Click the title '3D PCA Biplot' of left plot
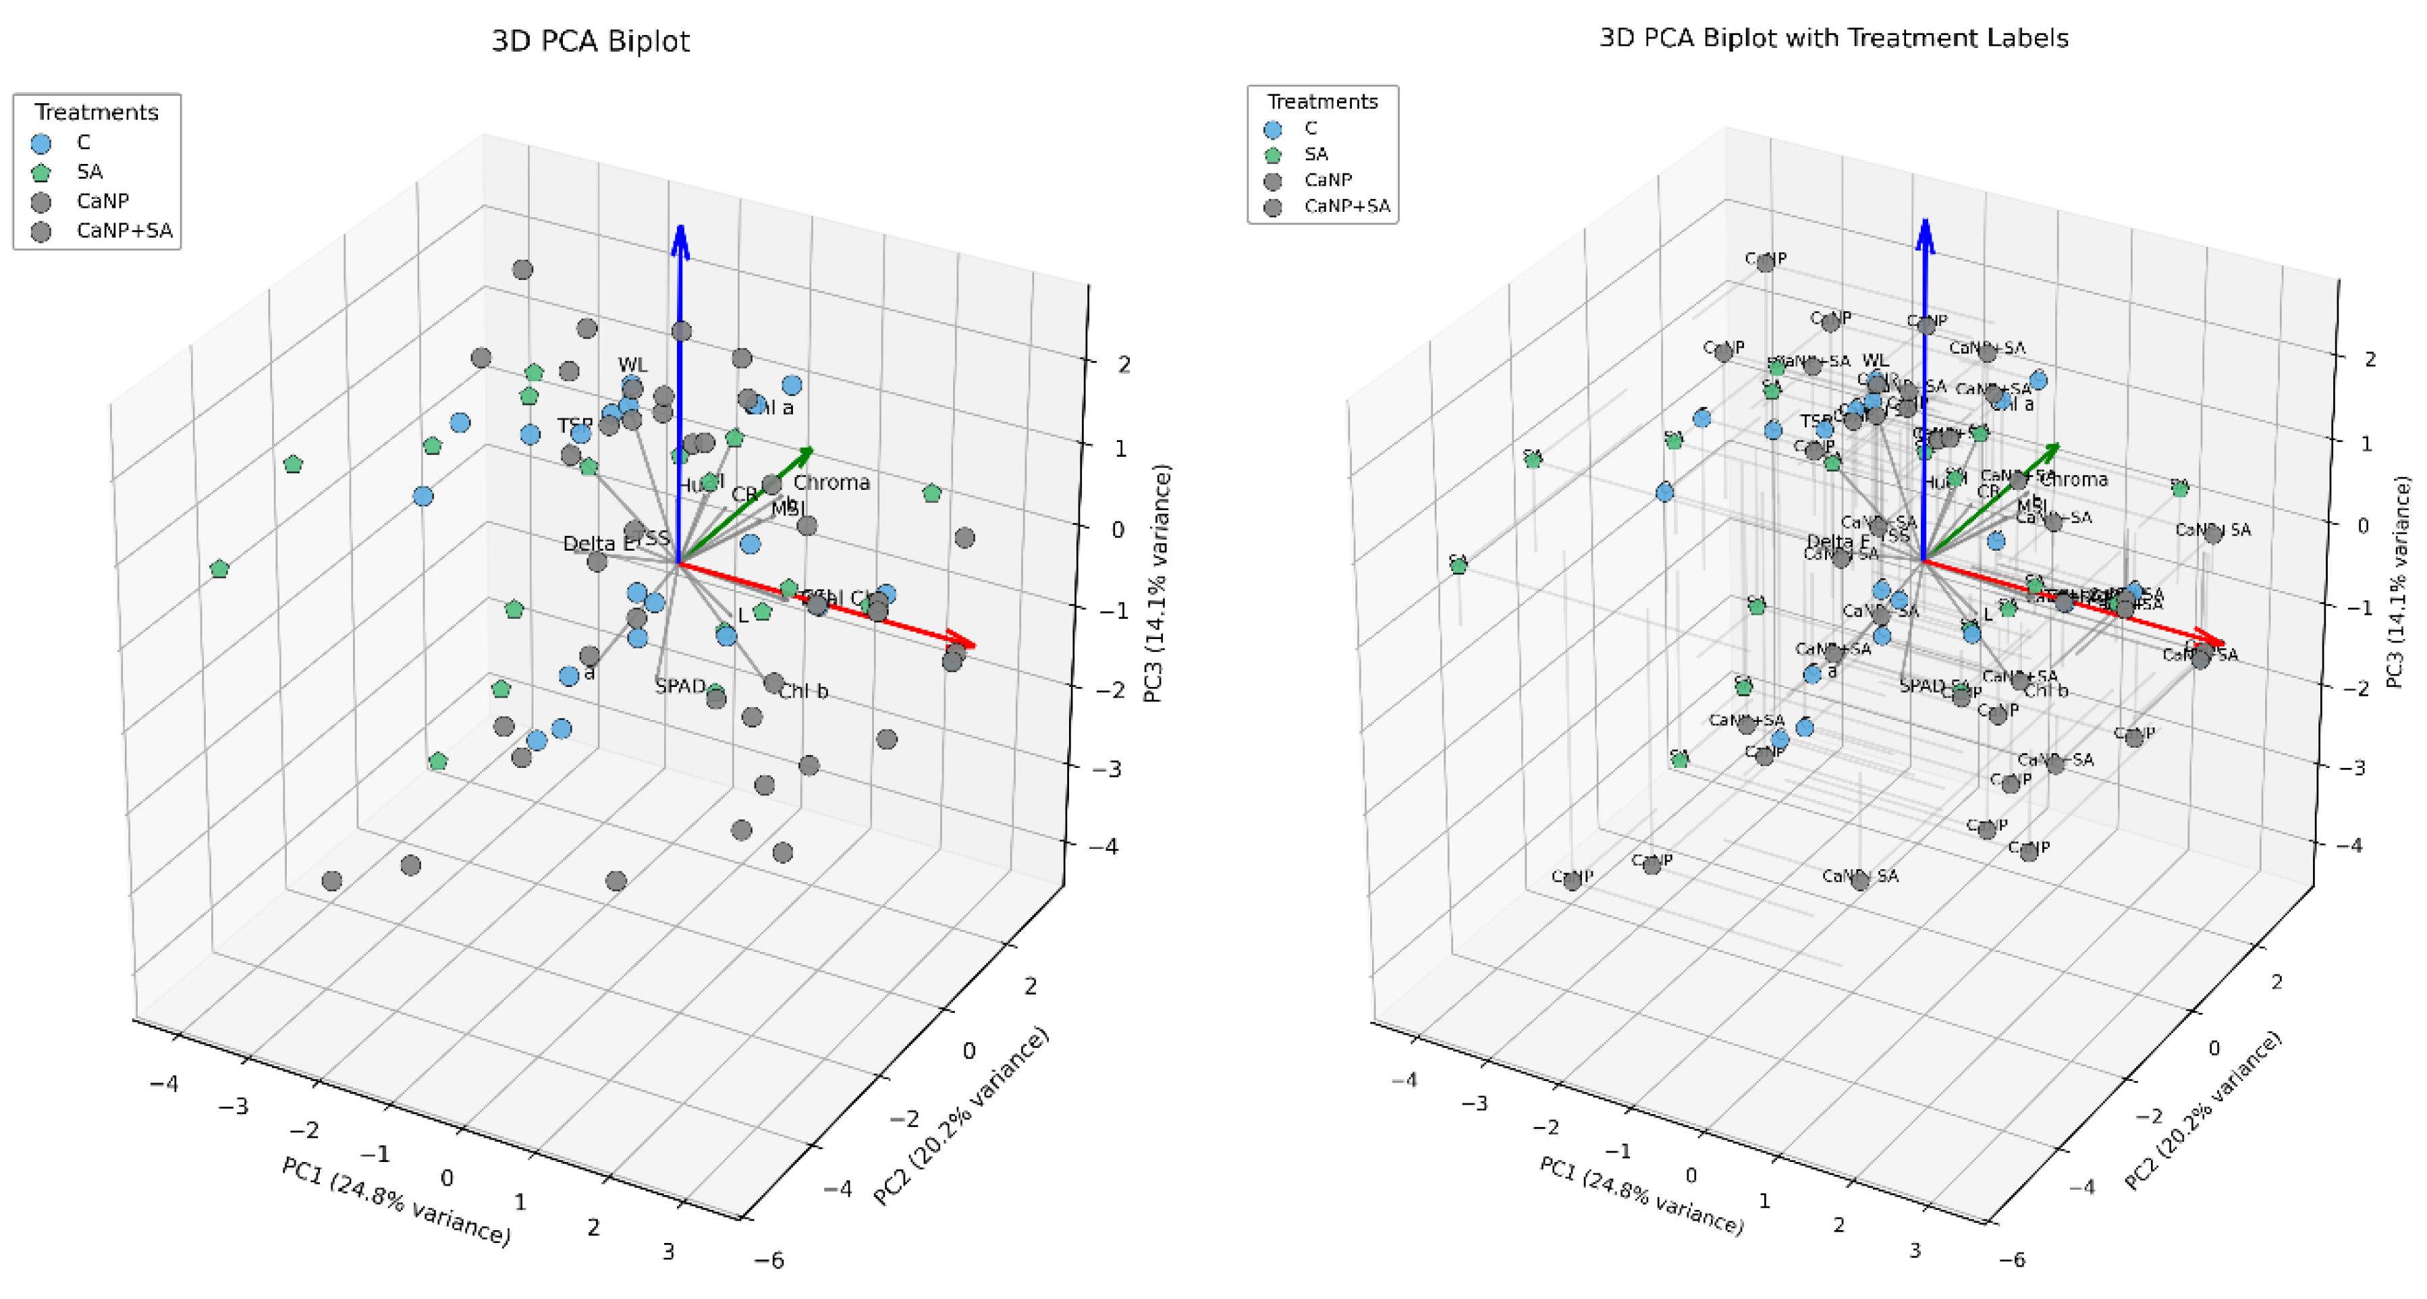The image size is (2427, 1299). click(x=591, y=41)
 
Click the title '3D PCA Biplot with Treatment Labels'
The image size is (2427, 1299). click(x=1834, y=38)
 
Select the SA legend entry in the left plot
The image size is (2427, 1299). click(x=90, y=171)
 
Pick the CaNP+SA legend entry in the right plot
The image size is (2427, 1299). click(x=1346, y=206)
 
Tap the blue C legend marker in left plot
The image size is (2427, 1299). click(x=40, y=143)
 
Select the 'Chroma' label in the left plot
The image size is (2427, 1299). click(x=831, y=483)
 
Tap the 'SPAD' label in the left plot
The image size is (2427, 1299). click(x=680, y=686)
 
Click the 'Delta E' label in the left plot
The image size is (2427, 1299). click(x=599, y=543)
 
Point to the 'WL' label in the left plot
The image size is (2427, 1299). click(x=632, y=364)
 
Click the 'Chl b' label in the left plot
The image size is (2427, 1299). click(x=804, y=692)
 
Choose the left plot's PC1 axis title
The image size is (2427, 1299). click(x=396, y=1201)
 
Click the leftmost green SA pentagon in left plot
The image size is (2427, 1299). click(x=219, y=569)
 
